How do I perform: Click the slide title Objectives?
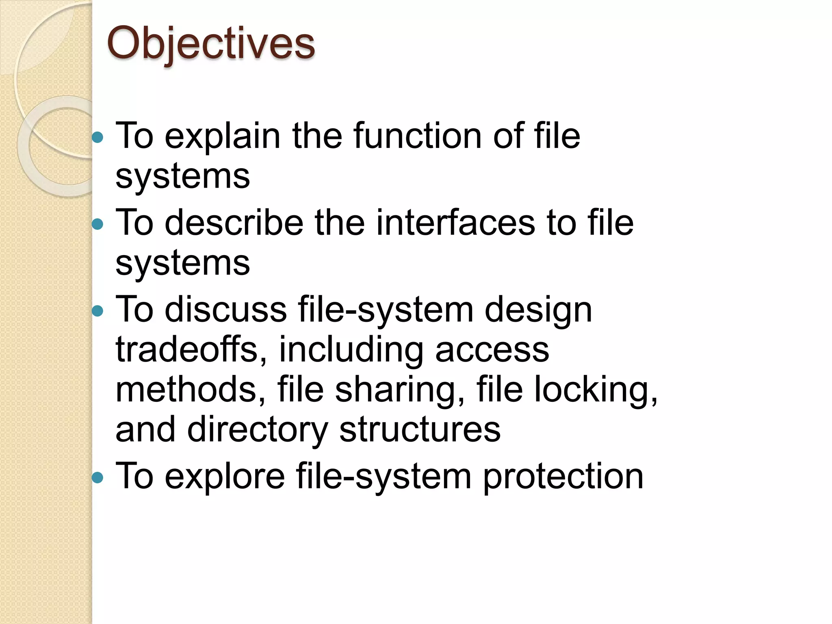[x=210, y=44]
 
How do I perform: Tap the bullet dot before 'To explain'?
[x=97, y=137]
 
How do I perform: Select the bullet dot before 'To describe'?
[x=97, y=224]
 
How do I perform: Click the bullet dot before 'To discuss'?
[x=97, y=311]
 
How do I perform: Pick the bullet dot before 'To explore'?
[x=97, y=477]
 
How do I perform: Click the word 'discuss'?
[x=226, y=310]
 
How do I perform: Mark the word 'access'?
[x=492, y=350]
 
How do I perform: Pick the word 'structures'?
[x=420, y=430]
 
